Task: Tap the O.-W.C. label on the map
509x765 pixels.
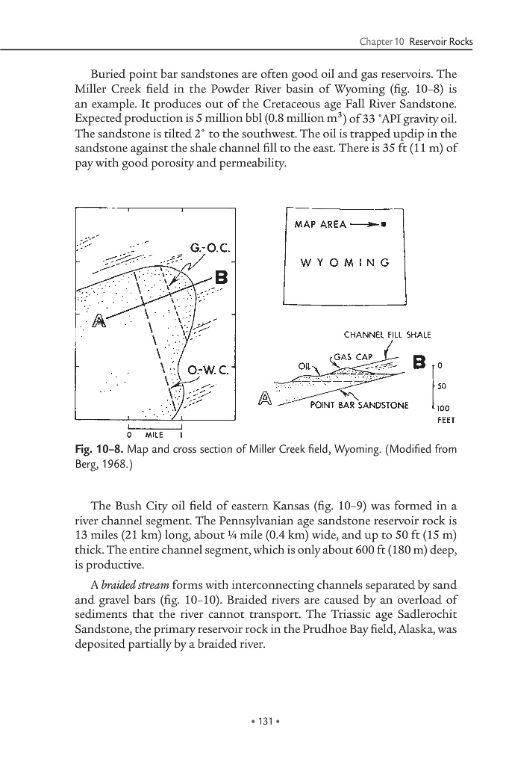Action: point(211,369)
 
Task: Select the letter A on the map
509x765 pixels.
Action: point(97,323)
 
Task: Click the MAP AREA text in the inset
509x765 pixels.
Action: point(320,224)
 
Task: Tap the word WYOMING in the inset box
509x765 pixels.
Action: point(344,262)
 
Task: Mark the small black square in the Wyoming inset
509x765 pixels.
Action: point(383,224)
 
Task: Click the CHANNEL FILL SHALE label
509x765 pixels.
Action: point(387,334)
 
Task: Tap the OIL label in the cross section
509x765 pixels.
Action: point(304,366)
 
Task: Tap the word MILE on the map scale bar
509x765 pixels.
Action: point(154,435)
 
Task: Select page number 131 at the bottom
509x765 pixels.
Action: point(254,722)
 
